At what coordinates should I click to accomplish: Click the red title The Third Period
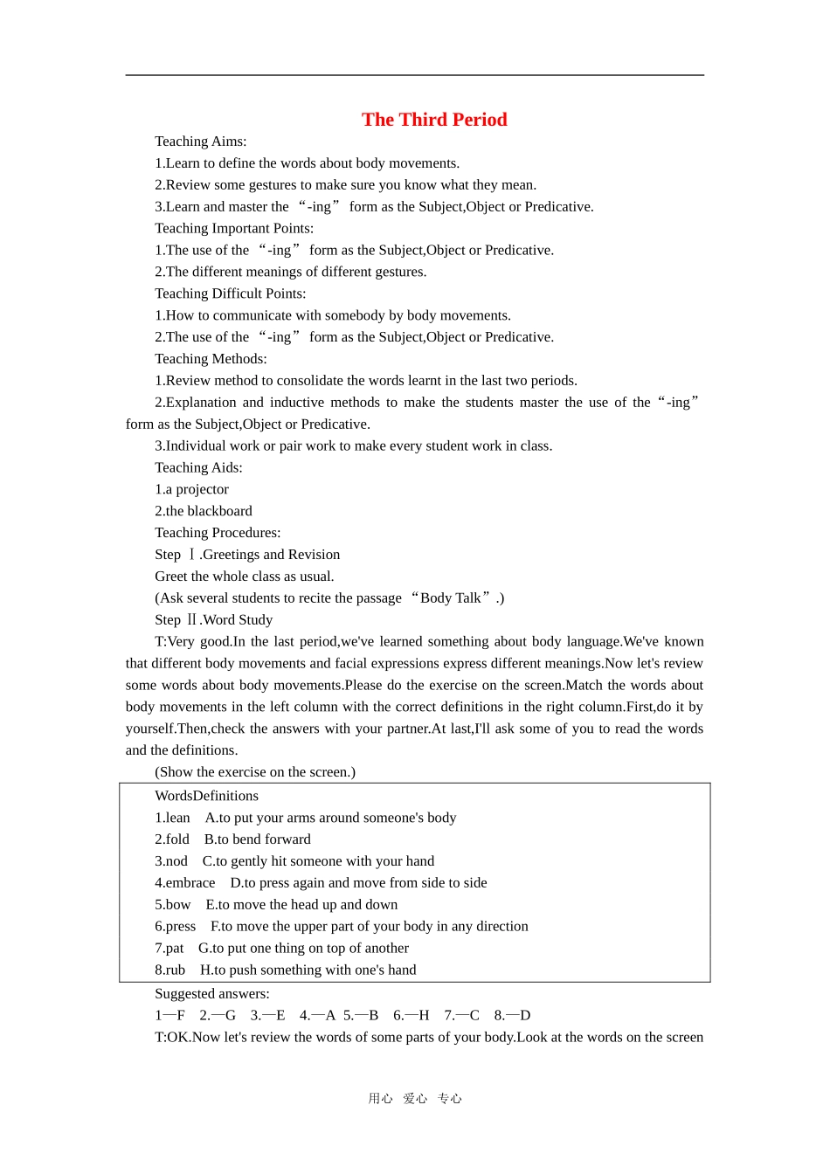coord(434,120)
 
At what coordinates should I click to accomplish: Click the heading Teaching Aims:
coord(200,142)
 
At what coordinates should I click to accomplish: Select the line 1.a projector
coord(191,489)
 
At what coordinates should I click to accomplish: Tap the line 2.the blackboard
coord(203,511)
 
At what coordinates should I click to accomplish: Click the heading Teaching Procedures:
coord(218,533)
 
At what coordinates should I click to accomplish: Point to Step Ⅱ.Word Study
coord(213,620)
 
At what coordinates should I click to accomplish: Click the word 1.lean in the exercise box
coord(172,818)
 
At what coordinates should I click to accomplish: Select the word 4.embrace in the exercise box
coord(184,883)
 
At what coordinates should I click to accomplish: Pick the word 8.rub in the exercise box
coord(169,970)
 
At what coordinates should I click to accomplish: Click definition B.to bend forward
coord(258,839)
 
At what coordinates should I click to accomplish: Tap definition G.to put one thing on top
coord(303,949)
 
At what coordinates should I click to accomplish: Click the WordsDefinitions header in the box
coord(206,796)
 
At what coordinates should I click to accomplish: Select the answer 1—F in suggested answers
coord(169,1016)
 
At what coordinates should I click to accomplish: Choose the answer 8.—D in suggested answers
coord(512,1016)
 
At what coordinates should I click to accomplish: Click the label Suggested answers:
coord(211,994)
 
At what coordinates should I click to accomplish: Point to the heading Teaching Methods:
coord(211,359)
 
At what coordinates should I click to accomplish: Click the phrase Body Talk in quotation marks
coord(450,598)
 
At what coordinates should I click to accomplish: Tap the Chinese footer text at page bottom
coord(415,1099)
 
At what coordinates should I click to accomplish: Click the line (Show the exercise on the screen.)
coord(254,772)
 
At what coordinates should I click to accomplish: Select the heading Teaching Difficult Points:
coord(230,293)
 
